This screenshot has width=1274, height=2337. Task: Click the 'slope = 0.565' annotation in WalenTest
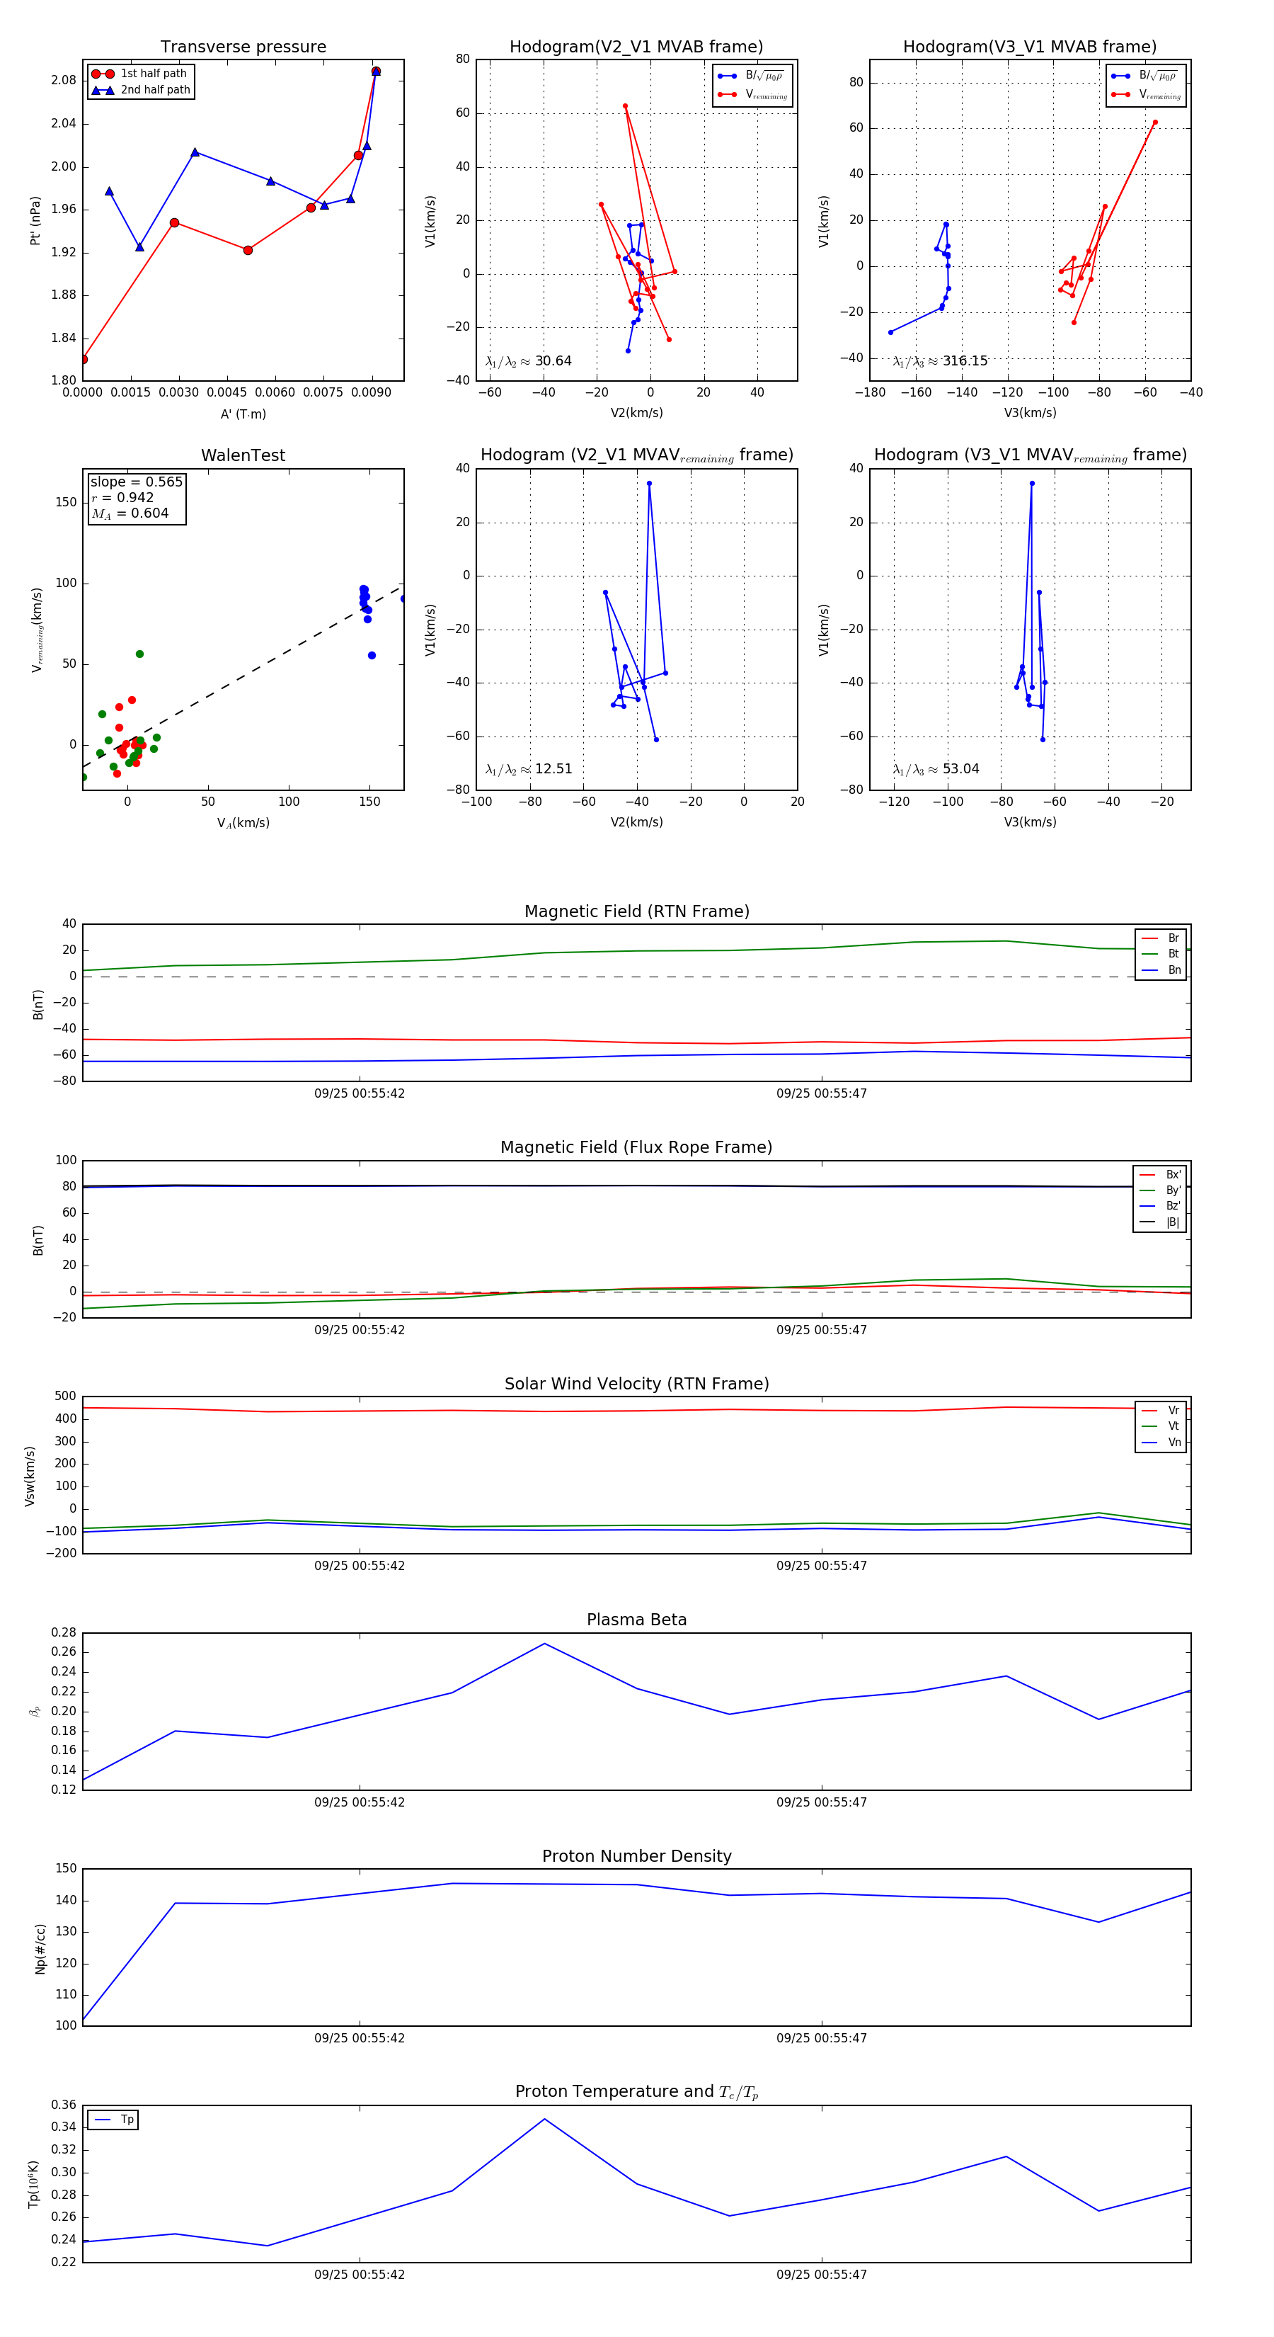[136, 482]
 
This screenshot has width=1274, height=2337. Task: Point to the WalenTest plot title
[243, 455]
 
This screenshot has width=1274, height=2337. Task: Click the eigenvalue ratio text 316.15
[964, 361]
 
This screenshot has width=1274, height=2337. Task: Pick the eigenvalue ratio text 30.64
[552, 361]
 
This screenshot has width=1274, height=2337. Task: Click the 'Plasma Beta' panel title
[636, 1620]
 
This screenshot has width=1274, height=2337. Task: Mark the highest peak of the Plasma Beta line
[544, 1644]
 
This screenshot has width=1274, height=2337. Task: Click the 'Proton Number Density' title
[636, 1856]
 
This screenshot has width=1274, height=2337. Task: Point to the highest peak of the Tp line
[544, 2120]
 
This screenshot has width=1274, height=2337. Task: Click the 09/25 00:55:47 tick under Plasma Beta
[822, 1802]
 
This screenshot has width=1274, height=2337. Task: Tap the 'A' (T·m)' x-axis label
[243, 414]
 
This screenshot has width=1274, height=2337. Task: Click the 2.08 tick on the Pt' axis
[64, 81]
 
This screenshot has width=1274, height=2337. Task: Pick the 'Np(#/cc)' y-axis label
[40, 1949]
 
